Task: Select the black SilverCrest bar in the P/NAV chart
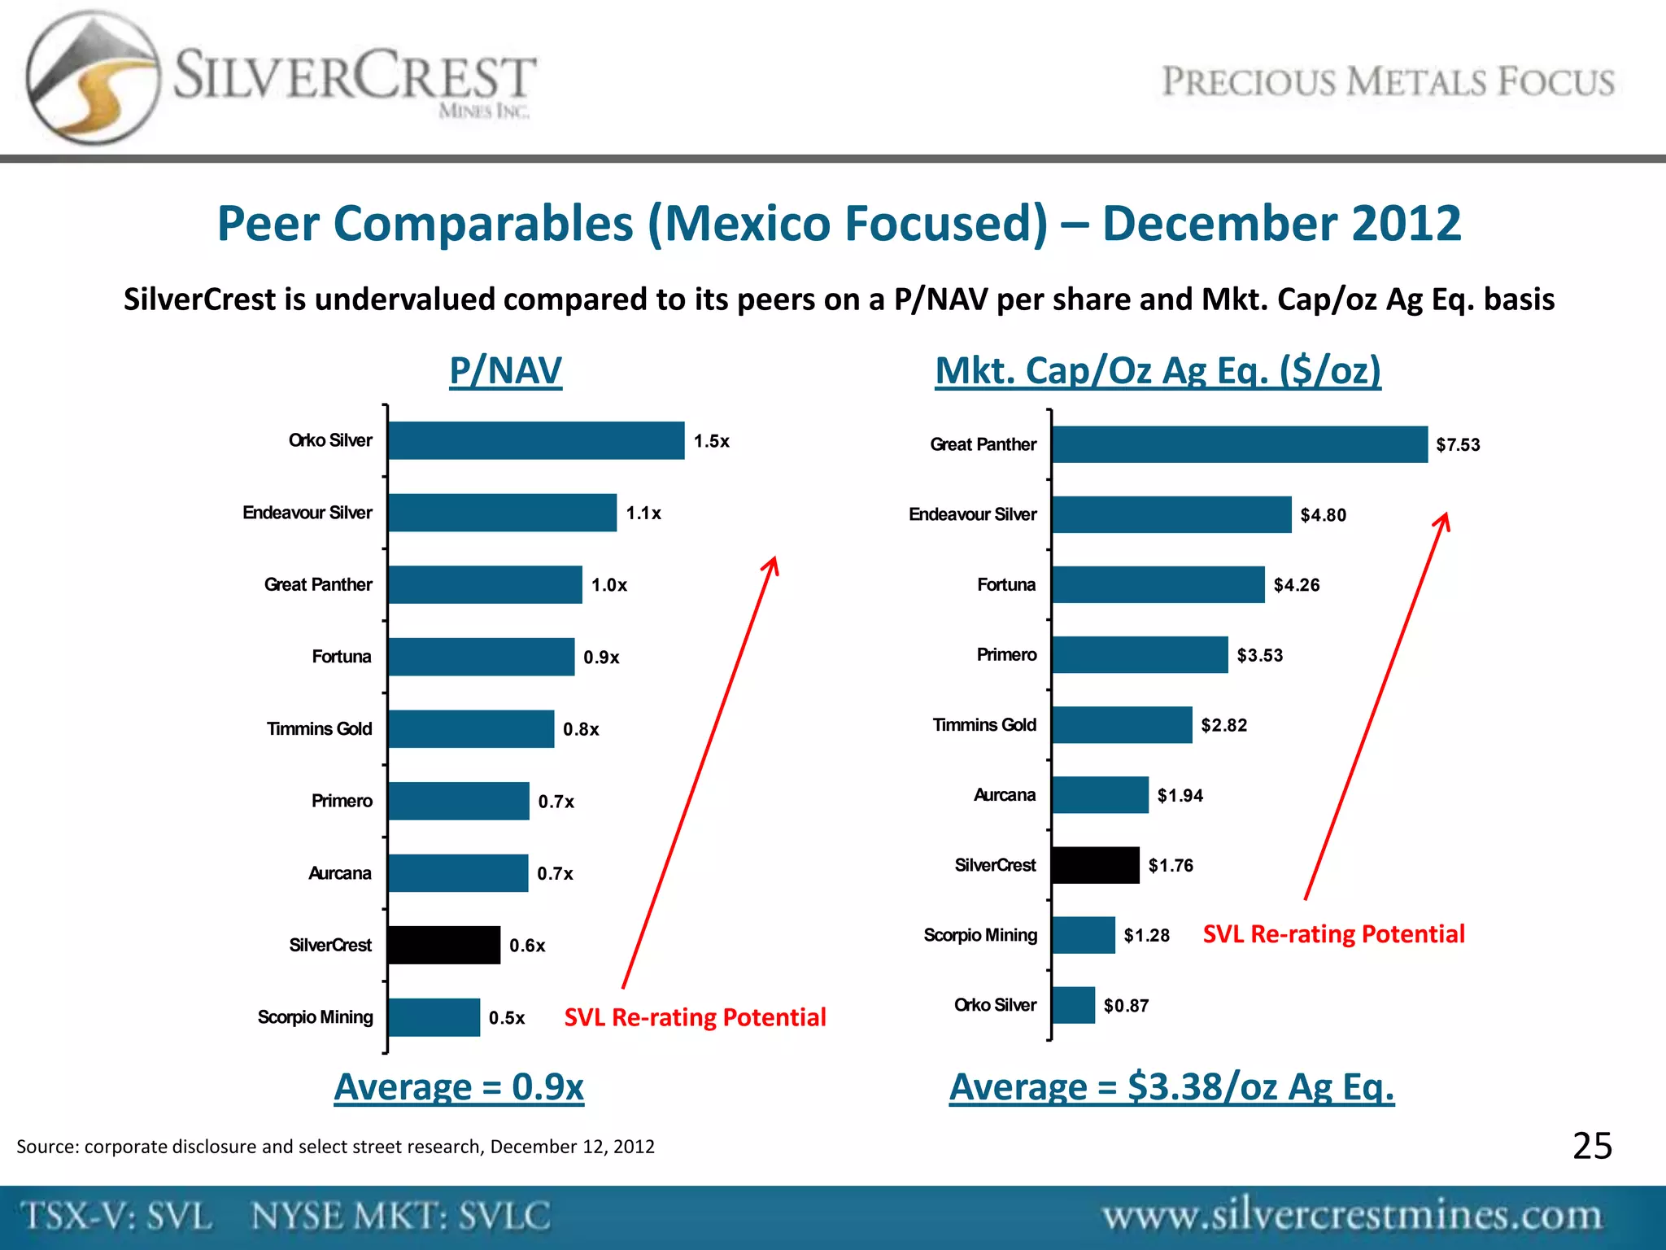point(444,945)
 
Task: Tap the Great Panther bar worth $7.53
point(1239,444)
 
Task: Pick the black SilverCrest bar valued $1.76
point(1095,865)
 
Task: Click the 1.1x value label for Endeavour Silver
point(643,514)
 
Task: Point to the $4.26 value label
point(1297,585)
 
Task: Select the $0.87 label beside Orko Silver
point(1126,1006)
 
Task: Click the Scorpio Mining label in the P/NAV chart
point(316,1017)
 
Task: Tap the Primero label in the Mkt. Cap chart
point(1006,655)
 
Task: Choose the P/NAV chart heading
point(505,371)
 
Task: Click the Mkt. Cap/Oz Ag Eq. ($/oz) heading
point(1158,371)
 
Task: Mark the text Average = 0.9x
point(459,1087)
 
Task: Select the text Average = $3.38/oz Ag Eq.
point(1171,1087)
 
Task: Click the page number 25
point(1592,1146)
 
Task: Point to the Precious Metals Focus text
point(1388,82)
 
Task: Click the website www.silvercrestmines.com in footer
point(1351,1216)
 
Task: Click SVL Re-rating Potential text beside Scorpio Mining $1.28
point(1333,934)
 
